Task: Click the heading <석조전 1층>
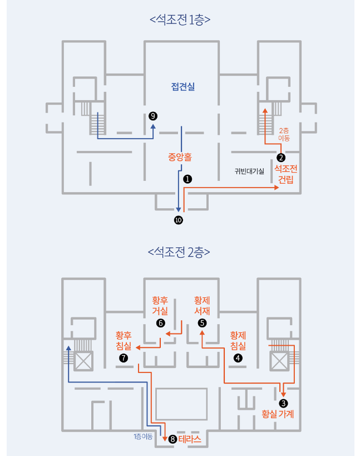[x=180, y=20]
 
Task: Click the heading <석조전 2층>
[x=179, y=252]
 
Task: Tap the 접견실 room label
[x=183, y=87]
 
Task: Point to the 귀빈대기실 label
[x=249, y=171]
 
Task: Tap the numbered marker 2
[x=281, y=157]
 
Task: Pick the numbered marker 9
[x=153, y=116]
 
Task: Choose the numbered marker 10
[x=178, y=220]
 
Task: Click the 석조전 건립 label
[x=285, y=174]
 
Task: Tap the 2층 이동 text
[x=284, y=134]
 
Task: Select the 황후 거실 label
[x=160, y=306]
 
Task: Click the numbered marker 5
[x=202, y=322]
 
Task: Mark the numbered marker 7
[x=124, y=358]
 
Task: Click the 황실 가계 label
[x=278, y=414]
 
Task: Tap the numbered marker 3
[x=284, y=403]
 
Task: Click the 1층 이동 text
[x=143, y=436]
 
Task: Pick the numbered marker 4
[x=238, y=358]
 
